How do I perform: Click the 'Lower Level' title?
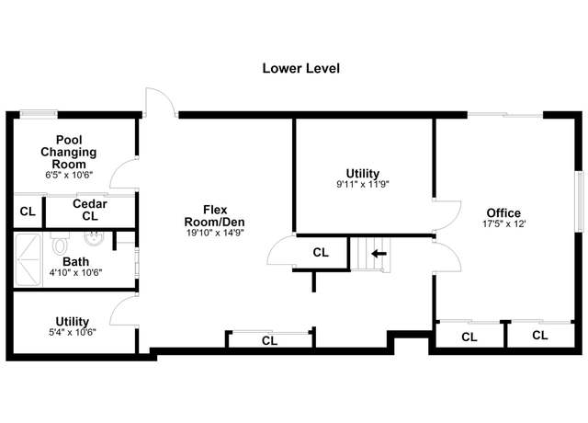pos(300,68)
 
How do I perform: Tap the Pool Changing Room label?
pos(69,152)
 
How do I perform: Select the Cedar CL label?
pos(90,210)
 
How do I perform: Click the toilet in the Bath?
pos(60,243)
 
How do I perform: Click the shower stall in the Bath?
pos(28,259)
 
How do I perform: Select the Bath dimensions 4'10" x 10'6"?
pos(75,272)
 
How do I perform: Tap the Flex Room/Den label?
pos(214,215)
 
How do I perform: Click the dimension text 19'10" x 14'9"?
pos(215,233)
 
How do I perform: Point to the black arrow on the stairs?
pos(379,254)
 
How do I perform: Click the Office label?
pos(503,212)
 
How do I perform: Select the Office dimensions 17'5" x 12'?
pos(504,223)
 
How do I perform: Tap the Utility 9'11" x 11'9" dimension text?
pos(363,184)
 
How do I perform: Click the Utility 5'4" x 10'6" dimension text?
pos(73,332)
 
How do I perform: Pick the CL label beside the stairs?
pos(321,253)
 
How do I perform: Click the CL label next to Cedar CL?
pos(28,211)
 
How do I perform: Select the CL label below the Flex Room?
pos(269,341)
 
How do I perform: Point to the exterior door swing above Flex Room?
pos(161,102)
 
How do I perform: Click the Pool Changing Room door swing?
pos(124,174)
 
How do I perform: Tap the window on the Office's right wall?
pos(579,202)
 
